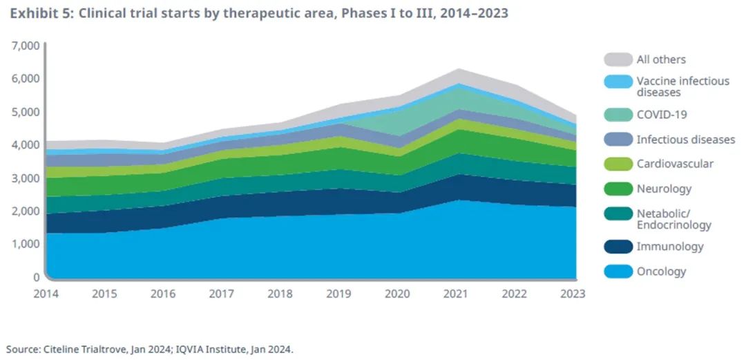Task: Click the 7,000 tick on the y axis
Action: (25, 46)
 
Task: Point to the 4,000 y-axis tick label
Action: (25, 145)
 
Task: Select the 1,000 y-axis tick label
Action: (25, 244)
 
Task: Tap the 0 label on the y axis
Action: (36, 277)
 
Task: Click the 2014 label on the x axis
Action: (46, 293)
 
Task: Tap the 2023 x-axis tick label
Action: (573, 293)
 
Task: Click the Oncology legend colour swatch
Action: (617, 272)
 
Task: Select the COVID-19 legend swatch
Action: (617, 115)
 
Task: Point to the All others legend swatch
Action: (617, 59)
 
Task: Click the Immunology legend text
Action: (670, 247)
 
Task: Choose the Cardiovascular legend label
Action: (675, 164)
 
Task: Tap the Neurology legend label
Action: (664, 189)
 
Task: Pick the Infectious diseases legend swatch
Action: (617, 140)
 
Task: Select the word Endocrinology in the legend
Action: (673, 225)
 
